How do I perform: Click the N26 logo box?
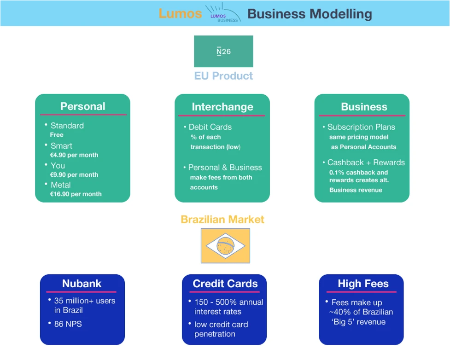pos(223,52)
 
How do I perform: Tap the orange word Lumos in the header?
pos(180,13)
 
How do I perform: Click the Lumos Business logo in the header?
pos(223,13)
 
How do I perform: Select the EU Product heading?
pos(223,76)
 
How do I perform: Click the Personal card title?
pos(82,106)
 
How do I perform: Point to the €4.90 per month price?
pos(74,155)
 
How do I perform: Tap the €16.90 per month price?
pos(76,194)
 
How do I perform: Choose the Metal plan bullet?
pos(60,185)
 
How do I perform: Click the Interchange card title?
pos(222,107)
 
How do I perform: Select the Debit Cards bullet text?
pos(210,127)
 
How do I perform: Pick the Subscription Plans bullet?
pos(361,127)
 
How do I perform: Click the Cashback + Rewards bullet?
pos(366,163)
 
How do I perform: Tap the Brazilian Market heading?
pos(222,220)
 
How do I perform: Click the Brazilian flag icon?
pos(225,246)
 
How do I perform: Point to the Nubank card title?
pos(82,284)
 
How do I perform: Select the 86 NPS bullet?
pos(68,324)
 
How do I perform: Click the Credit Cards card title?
pos(225,284)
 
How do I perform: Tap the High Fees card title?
pos(363,284)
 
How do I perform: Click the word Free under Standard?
pos(57,135)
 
